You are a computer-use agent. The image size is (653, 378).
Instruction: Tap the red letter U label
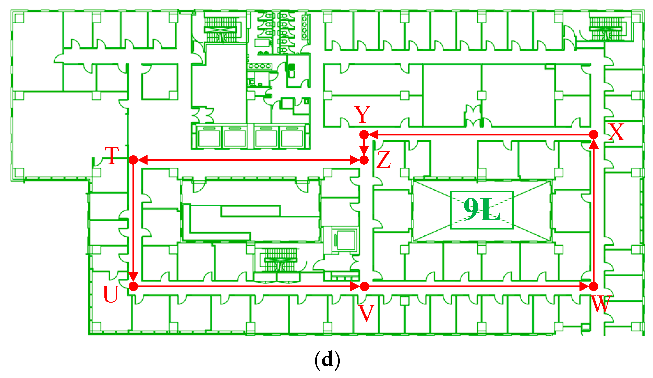tap(111, 294)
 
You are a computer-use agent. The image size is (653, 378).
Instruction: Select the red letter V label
tap(366, 313)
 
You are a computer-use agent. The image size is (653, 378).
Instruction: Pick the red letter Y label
tap(362, 114)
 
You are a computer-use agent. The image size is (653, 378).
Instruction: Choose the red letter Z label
tap(383, 159)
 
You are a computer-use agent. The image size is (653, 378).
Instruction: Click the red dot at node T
tap(133, 160)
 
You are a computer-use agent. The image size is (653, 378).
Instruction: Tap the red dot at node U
tap(133, 287)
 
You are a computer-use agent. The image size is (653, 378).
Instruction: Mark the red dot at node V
tap(364, 287)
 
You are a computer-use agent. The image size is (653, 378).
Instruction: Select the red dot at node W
tap(594, 287)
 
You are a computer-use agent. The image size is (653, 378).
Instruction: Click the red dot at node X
tap(594, 135)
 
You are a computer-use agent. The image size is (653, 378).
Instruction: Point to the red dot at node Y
tap(364, 135)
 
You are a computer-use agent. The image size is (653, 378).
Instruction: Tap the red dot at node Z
tap(364, 160)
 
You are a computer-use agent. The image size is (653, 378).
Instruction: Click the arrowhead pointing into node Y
tap(373, 135)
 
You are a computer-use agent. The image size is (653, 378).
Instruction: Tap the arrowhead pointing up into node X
tap(594, 144)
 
